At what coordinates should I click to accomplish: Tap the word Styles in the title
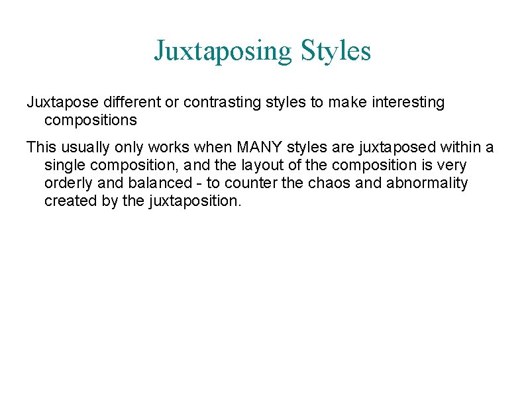[x=336, y=50]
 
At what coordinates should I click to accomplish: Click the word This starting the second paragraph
[x=40, y=147]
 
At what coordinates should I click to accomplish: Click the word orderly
[x=68, y=183]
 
